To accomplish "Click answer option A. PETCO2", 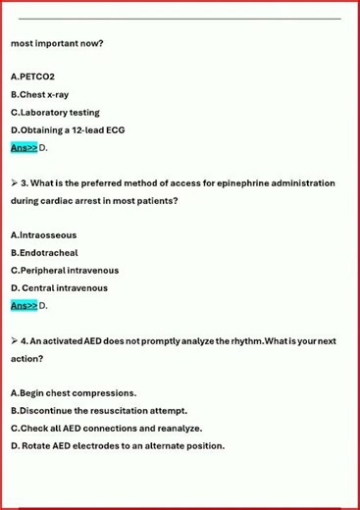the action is pos(32,76).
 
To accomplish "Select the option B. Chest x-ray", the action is pos(39,94).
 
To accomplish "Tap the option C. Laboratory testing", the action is pos(54,112).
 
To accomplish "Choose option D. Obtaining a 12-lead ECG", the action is pos(67,129).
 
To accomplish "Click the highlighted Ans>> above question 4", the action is pos(24,306).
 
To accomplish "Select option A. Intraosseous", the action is pos(43,235).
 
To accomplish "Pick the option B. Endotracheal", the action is pos(44,253).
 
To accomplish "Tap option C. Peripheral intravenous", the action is pos(64,271).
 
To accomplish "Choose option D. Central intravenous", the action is pos(59,288).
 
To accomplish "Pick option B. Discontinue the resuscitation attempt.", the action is pos(98,411).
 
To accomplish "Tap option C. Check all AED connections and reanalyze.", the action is pos(106,429).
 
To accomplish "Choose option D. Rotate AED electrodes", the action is pos(117,446).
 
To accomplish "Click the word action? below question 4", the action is pos(26,359).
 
